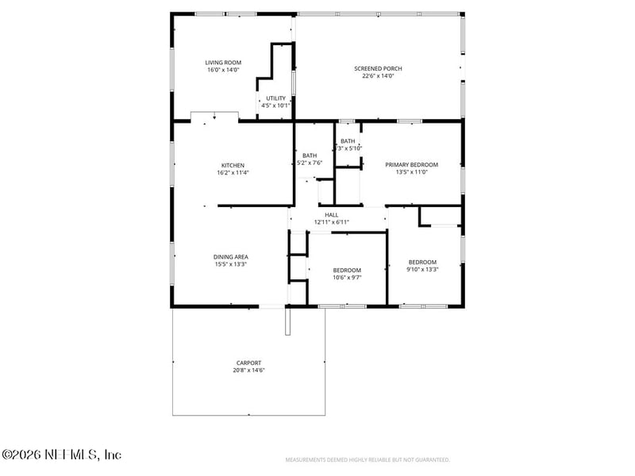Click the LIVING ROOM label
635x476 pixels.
(x=223, y=63)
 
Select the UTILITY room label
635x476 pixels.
(x=275, y=98)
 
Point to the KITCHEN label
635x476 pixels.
(x=233, y=166)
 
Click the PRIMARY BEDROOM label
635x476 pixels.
(x=411, y=165)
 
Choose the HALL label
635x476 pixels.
(x=331, y=215)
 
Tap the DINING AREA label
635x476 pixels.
(x=230, y=256)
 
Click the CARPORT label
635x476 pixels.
(x=248, y=363)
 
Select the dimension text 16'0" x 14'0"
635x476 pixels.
(x=223, y=70)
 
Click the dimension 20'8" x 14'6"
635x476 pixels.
(x=248, y=370)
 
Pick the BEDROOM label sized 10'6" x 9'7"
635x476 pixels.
(x=347, y=270)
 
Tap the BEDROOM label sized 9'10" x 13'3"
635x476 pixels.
(x=422, y=262)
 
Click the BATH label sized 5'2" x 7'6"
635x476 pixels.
(x=310, y=155)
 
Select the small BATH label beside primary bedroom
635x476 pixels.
(x=348, y=141)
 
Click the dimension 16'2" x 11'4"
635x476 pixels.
(x=233, y=173)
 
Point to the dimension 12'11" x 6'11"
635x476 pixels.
(x=331, y=222)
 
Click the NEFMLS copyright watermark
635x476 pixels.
(x=61, y=455)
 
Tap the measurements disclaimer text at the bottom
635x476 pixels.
(x=368, y=460)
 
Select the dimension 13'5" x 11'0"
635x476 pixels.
(x=411, y=172)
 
